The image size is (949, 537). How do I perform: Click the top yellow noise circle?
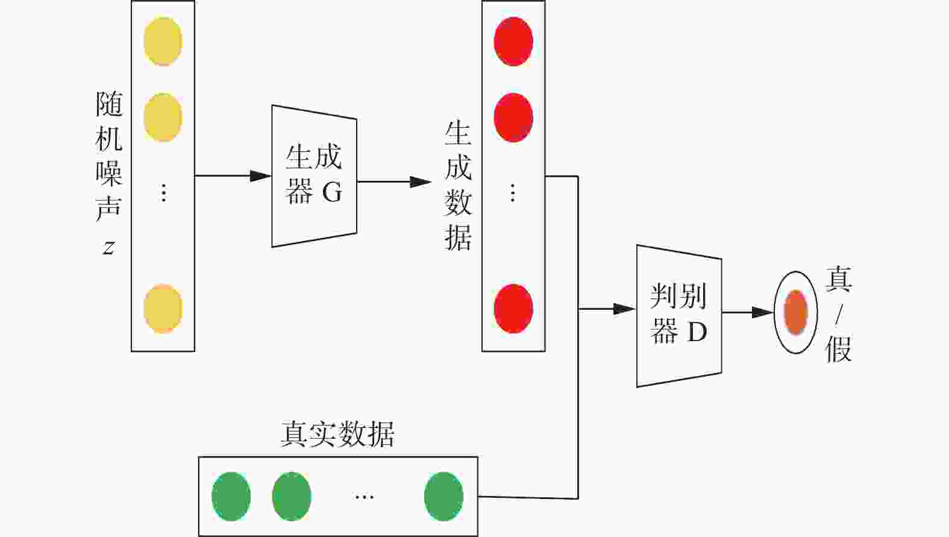point(163,41)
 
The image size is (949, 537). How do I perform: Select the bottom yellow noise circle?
point(163,309)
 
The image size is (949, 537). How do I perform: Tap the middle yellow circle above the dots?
point(163,117)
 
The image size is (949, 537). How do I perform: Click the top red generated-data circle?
point(513,41)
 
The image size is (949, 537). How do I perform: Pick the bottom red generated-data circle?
point(513,309)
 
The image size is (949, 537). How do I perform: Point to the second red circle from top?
point(513,117)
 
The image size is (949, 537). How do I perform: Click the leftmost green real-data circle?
point(231,497)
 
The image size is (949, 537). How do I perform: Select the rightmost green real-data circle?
point(443,497)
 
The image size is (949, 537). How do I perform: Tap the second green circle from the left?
point(292,497)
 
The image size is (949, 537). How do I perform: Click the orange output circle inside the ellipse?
point(795,312)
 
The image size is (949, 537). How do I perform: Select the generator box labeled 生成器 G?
point(314,176)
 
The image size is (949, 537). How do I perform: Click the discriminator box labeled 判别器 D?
point(679,315)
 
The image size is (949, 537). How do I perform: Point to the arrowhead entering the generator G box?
point(260,176)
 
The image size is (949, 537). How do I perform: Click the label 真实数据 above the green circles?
point(337,434)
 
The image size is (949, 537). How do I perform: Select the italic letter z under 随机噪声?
point(108,247)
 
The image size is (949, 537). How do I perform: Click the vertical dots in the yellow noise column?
point(163,193)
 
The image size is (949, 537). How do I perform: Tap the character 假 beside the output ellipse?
point(838,348)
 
